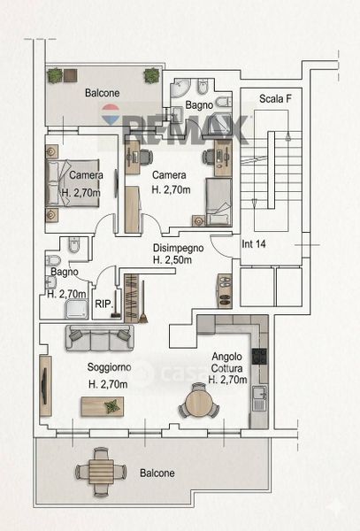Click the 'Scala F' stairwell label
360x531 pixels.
point(275,99)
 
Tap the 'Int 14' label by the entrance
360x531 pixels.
point(254,244)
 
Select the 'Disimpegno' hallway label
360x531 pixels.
point(178,248)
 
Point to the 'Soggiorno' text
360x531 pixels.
point(110,367)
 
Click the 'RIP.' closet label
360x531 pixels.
point(103,304)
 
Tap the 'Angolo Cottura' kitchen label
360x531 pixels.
point(227,362)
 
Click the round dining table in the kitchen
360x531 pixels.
point(199,402)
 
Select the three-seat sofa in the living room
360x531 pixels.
point(99,338)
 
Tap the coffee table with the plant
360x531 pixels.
point(102,407)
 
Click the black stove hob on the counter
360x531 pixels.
point(259,357)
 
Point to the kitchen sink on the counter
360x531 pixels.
point(260,398)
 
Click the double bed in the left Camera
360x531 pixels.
point(72,183)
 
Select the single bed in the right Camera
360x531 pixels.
point(218,202)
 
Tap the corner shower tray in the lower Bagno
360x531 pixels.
point(77,309)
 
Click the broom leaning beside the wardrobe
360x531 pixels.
point(142,302)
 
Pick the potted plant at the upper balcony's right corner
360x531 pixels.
point(151,75)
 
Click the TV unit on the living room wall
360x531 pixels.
point(45,386)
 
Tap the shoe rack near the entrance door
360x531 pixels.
point(225,291)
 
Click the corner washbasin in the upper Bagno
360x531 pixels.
point(180,88)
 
